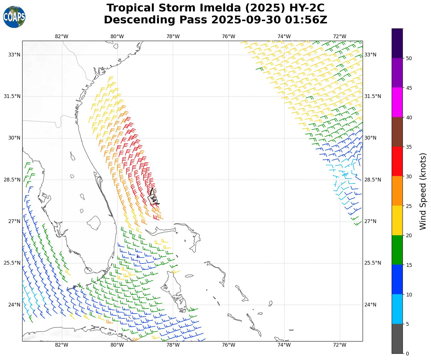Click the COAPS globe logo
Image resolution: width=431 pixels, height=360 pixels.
(14, 17)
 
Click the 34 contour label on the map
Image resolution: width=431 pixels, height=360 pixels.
(153, 199)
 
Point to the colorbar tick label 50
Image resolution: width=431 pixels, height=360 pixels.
(409, 58)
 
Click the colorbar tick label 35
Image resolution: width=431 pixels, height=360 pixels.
(409, 147)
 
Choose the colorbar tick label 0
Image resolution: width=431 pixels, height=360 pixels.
(407, 354)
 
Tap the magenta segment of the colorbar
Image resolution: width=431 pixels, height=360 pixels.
(397, 102)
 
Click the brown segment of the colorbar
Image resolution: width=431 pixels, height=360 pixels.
(397, 132)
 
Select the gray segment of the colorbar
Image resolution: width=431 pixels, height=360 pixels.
(397, 339)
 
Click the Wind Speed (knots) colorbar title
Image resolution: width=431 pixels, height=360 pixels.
(423, 191)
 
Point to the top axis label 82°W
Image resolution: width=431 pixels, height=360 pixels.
(62, 36)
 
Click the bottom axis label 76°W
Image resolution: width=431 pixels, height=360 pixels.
(228, 345)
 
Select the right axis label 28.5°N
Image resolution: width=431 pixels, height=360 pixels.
(373, 180)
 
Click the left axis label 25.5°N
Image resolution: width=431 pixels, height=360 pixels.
(12, 263)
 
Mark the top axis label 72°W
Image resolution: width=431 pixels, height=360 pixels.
(340, 36)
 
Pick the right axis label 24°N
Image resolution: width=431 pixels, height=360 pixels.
(370, 305)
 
